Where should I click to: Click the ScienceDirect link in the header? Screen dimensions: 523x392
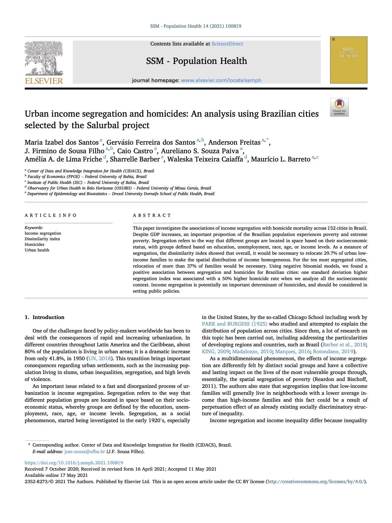[x=227, y=44]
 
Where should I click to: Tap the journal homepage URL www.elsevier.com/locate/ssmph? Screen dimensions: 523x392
[x=221, y=80]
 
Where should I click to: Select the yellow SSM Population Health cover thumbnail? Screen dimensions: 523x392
[x=349, y=60]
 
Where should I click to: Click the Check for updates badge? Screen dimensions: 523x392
[x=339, y=107]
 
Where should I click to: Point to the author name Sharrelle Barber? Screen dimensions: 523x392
[x=135, y=159]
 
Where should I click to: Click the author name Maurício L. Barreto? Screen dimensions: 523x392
[x=281, y=159]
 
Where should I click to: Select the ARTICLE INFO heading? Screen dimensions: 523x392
[x=51, y=215]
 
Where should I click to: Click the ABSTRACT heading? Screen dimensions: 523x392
[x=152, y=215]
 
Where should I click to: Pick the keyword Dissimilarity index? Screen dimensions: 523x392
[x=42, y=239]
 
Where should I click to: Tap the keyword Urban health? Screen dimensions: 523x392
[x=37, y=250]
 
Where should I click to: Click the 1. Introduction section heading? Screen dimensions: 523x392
[x=44, y=317]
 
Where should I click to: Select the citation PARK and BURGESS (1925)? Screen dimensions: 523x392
[x=234, y=324]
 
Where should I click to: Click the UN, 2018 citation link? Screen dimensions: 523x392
[x=99, y=359]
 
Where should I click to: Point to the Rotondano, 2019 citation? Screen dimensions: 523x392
[x=333, y=352]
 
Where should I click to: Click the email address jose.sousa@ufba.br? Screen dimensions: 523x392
[x=85, y=451]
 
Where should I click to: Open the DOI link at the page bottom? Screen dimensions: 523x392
[x=74, y=463]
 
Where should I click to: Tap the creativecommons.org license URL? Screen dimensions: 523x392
[x=316, y=481]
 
